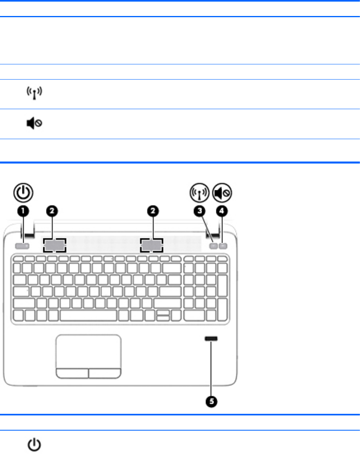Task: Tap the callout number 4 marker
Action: [222, 210]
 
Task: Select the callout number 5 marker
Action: [212, 401]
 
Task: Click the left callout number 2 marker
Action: [53, 210]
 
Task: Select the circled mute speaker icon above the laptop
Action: [222, 193]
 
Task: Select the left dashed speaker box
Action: [54, 245]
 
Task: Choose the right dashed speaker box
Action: [152, 245]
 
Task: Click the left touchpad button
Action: [72, 373]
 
